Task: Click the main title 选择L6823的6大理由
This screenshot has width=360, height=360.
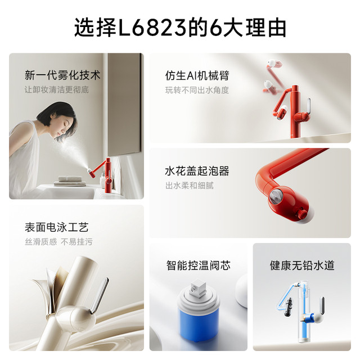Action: click(x=180, y=28)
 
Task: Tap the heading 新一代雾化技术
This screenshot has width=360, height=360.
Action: click(x=62, y=75)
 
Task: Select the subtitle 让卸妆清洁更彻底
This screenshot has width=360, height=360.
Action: click(x=57, y=89)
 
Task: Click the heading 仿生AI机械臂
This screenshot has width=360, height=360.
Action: click(x=197, y=75)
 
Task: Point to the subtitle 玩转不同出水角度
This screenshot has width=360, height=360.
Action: click(x=197, y=90)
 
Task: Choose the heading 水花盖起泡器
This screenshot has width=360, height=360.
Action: click(x=197, y=171)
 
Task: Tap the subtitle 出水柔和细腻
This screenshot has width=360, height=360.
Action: click(x=190, y=185)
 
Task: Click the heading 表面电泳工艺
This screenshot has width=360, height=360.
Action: click(x=57, y=227)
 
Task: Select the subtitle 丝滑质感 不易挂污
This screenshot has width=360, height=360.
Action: click(x=58, y=241)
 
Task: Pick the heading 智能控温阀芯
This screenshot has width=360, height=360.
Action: click(x=199, y=265)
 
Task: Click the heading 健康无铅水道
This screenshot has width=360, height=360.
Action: click(x=302, y=265)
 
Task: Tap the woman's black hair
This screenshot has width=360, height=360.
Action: click(x=56, y=115)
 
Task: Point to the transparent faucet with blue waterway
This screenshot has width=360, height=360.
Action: click(x=303, y=312)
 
